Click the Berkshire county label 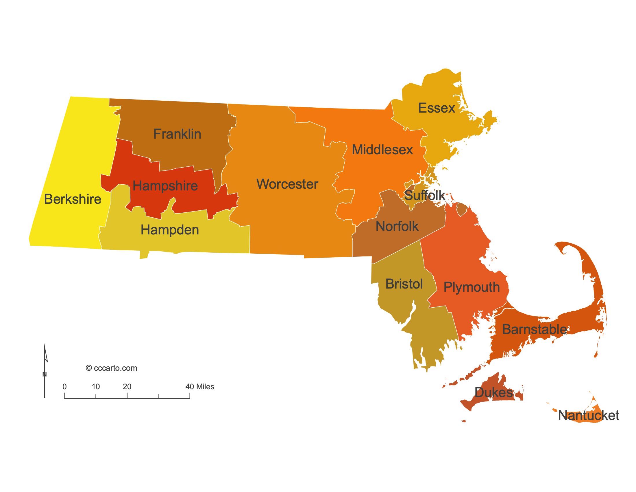[x=73, y=199]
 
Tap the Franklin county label [x=177, y=134]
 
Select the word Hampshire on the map [x=165, y=186]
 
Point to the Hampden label [x=170, y=230]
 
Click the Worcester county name [x=287, y=184]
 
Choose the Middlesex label [x=382, y=150]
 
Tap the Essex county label [x=436, y=108]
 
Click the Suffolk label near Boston [x=425, y=195]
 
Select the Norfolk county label [x=397, y=227]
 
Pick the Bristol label [x=404, y=284]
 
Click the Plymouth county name [x=472, y=287]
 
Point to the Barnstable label [x=534, y=330]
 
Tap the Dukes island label [x=493, y=393]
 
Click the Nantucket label [x=588, y=415]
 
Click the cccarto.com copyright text [x=112, y=368]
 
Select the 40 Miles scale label [x=200, y=387]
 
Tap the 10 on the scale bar [x=95, y=387]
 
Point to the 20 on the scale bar [x=127, y=387]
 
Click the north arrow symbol [x=45, y=370]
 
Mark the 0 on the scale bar [x=64, y=387]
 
